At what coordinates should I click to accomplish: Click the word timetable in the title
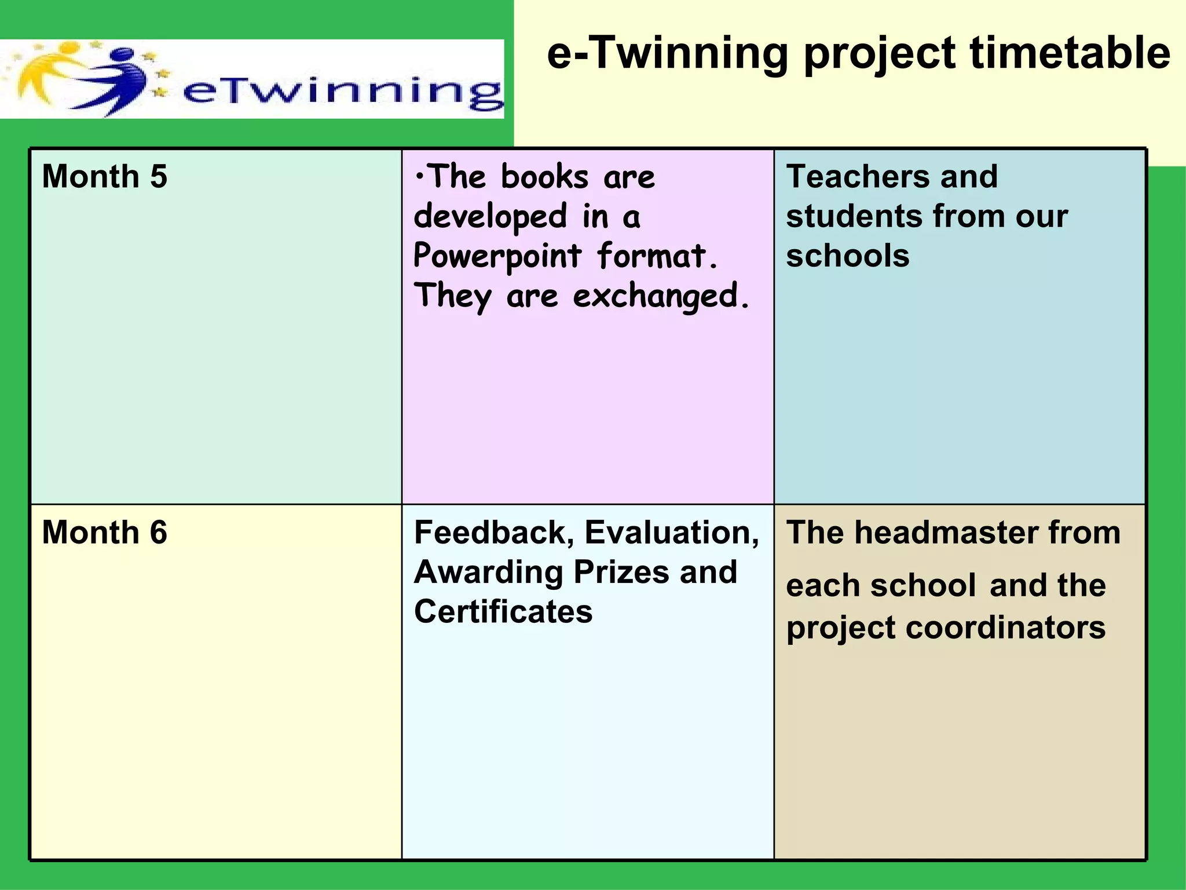(1070, 53)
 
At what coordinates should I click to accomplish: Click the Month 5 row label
(104, 176)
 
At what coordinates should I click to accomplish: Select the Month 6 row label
(104, 532)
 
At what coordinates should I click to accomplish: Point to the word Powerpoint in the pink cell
(497, 256)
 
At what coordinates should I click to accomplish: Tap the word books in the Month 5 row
(544, 176)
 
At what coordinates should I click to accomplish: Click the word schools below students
(847, 256)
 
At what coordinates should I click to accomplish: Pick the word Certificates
(503, 611)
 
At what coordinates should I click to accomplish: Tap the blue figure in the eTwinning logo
(116, 81)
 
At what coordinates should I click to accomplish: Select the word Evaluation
(672, 532)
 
